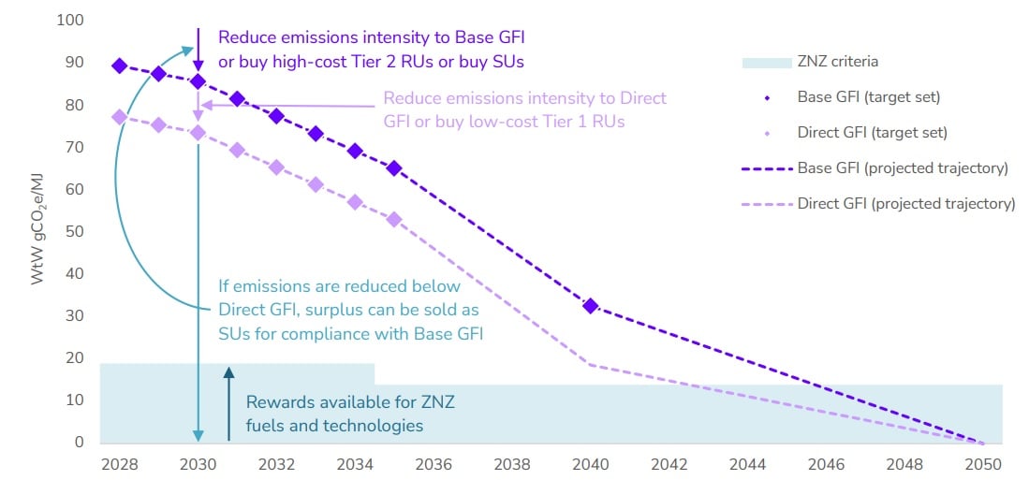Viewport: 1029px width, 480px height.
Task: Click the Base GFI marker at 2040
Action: pos(591,306)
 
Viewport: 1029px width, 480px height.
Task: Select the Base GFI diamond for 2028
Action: pos(119,65)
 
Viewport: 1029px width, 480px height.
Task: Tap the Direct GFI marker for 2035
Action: pos(394,219)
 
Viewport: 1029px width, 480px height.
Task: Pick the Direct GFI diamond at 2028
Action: pos(119,117)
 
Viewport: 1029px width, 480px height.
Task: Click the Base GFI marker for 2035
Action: pos(394,168)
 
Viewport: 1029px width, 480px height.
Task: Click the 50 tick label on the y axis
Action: pos(73,231)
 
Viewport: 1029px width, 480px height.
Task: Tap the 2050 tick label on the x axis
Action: pos(983,463)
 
